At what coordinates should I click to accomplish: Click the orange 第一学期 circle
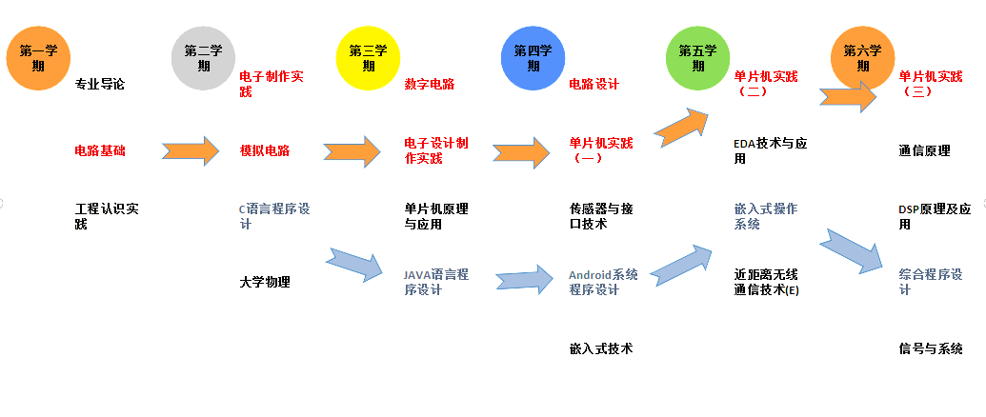coord(38,58)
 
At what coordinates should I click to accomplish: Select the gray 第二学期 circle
coord(203,58)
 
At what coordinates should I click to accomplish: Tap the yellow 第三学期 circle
coord(368,58)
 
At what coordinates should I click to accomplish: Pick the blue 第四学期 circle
coord(533,58)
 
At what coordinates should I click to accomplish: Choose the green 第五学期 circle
coord(697,58)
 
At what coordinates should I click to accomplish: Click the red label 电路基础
coord(100,150)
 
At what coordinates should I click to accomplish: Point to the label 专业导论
coord(100,84)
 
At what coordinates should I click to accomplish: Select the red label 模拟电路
coord(265,150)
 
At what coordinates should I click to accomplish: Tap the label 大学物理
coord(265,282)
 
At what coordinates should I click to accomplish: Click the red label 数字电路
coord(430,84)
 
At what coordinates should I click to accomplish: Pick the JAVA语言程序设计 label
coord(436,282)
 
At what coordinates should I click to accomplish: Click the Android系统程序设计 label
coord(603,282)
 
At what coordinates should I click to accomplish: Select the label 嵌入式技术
coord(601,348)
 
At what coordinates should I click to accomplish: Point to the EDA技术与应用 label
coord(771,150)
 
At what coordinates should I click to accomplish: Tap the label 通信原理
coord(924,150)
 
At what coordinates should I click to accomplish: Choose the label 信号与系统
coord(931,348)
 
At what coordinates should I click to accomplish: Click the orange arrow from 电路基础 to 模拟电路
coord(190,150)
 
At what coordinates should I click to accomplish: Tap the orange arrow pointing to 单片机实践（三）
coord(849,96)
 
